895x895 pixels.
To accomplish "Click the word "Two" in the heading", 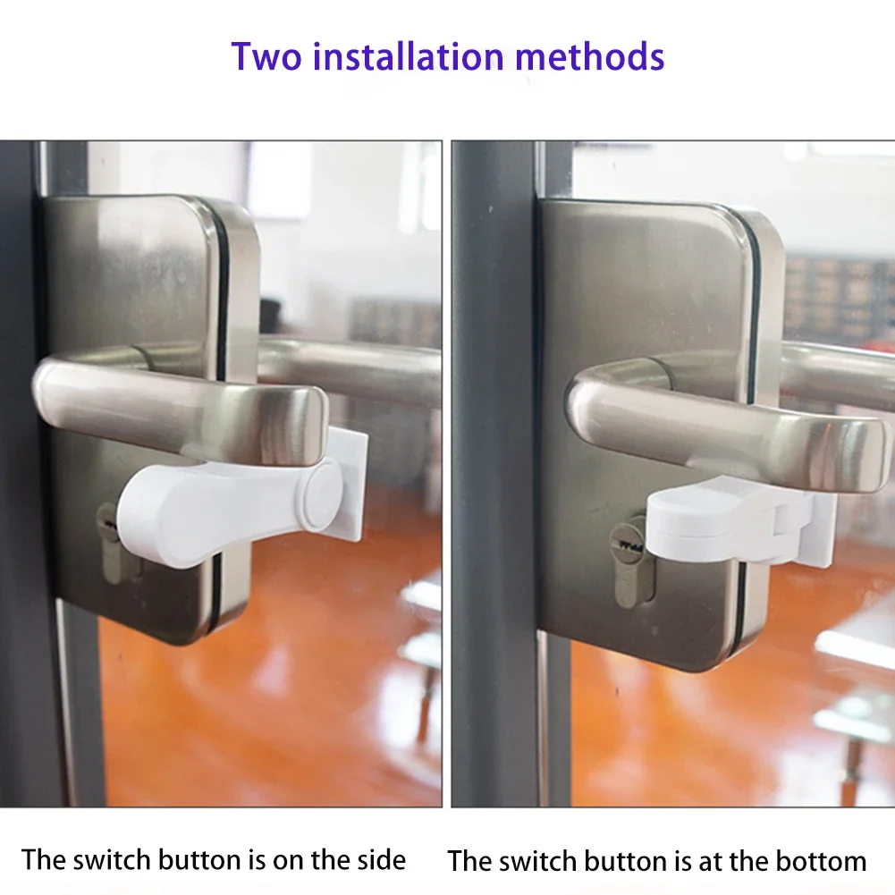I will (x=266, y=56).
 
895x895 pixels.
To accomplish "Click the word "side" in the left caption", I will (x=376, y=860).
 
